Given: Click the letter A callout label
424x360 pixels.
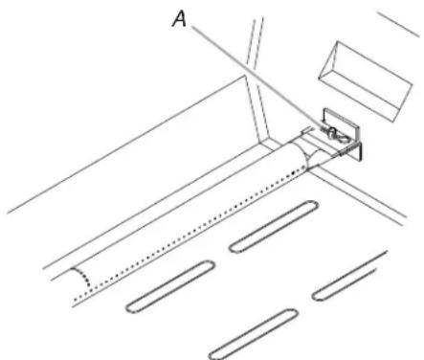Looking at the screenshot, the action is tap(180, 19).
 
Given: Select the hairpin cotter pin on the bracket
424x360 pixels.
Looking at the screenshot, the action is tap(337, 135).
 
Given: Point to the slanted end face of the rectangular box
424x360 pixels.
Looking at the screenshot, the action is tap(329, 60).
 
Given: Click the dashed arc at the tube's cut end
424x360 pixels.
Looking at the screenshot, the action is tap(81, 277).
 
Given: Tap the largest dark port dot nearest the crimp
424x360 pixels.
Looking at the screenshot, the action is tap(294, 173).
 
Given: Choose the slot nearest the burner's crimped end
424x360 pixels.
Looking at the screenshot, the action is tap(274, 227).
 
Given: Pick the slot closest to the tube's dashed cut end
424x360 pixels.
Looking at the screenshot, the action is tap(170, 286).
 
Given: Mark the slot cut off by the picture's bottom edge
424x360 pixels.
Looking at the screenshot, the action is tap(254, 334).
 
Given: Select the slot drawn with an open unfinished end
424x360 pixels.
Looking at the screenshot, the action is tap(349, 276).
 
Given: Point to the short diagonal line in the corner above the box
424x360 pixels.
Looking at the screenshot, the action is tap(399, 25).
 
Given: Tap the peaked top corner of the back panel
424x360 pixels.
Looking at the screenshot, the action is tap(245, 76).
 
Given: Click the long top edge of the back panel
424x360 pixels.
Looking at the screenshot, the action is tap(126, 144).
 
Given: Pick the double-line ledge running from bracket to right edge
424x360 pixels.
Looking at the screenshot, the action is tap(357, 195).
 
